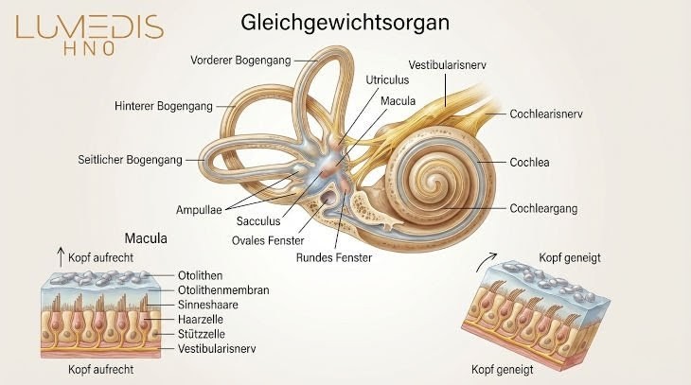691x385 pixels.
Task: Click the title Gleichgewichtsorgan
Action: pos(345,21)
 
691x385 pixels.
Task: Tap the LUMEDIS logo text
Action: pos(88,28)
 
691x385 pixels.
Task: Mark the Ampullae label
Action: pos(201,208)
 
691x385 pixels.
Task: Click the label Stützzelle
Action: pos(204,334)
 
